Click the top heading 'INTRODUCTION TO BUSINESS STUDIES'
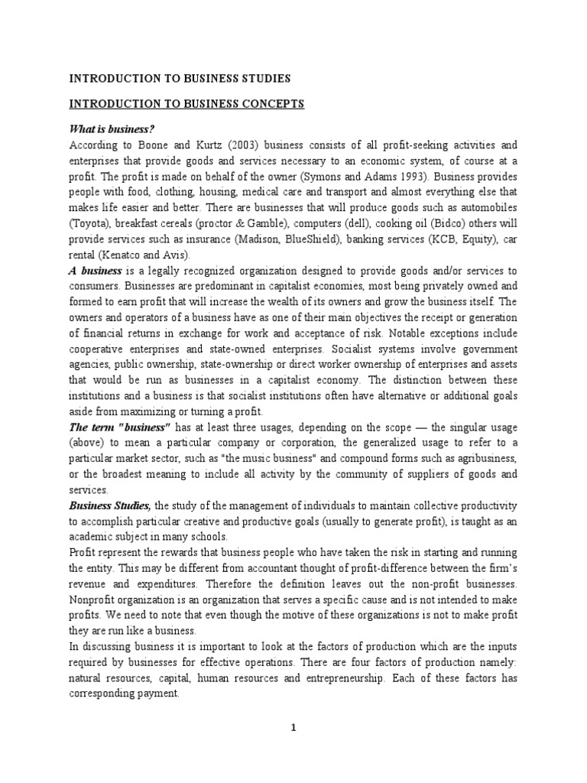(x=180, y=78)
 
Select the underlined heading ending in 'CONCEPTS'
(x=187, y=104)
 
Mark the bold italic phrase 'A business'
(x=96, y=271)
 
